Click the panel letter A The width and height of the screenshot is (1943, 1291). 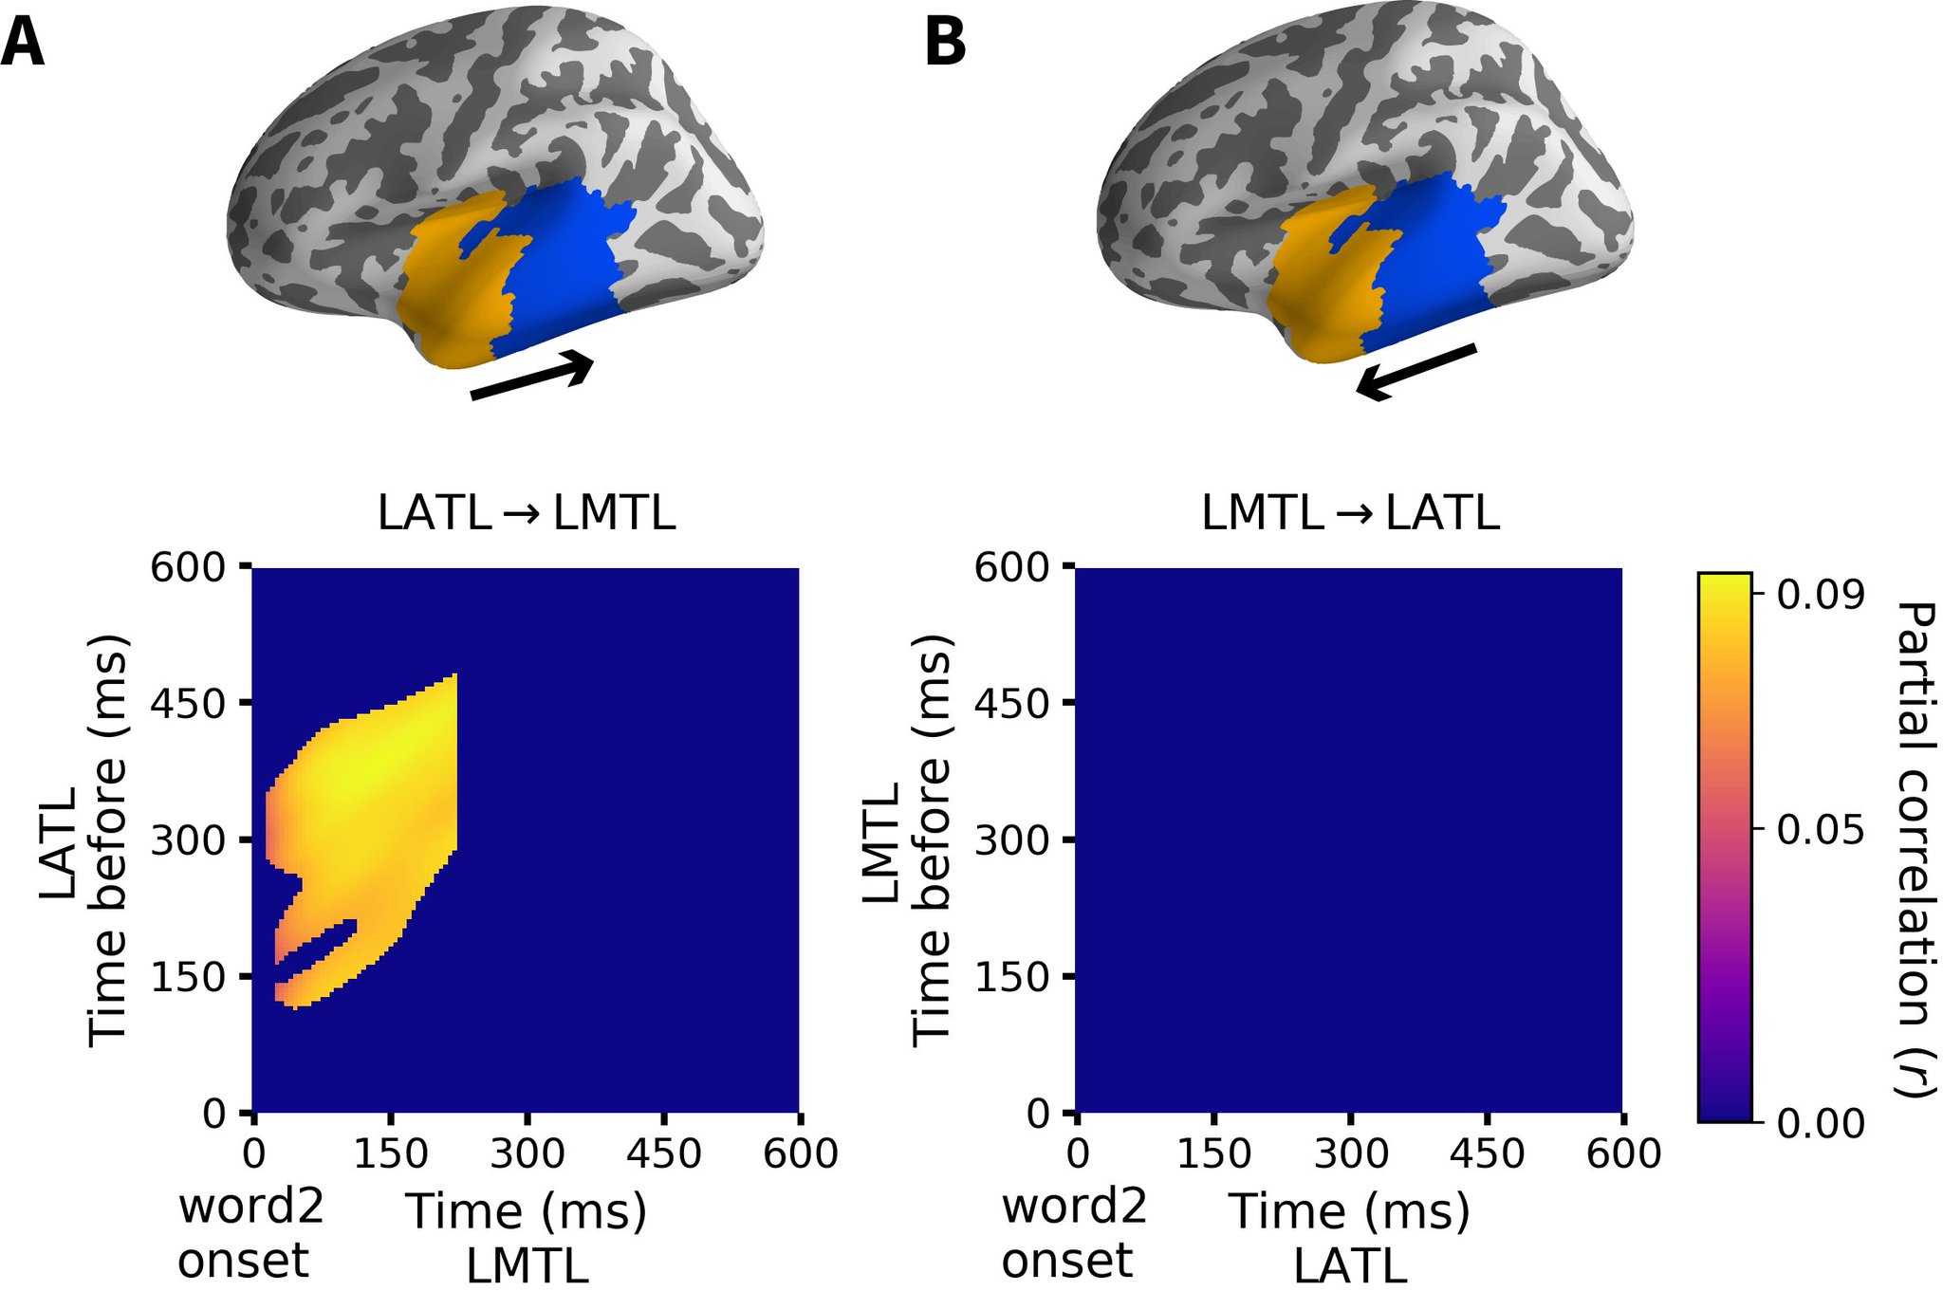pos(23,44)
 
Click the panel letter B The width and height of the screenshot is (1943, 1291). pos(945,44)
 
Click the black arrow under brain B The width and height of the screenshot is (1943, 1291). pos(1416,371)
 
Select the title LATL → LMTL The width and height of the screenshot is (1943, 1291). pos(527,513)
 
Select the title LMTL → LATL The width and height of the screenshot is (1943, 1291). pos(1350,513)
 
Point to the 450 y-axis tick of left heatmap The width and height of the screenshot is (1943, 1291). pos(187,704)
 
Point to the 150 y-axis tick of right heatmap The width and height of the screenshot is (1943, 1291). pos(1011,977)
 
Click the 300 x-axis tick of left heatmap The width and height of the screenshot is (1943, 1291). pos(527,1154)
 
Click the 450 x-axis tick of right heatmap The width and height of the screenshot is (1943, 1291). pos(1488,1154)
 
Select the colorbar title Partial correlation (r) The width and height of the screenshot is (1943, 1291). pos(1915,848)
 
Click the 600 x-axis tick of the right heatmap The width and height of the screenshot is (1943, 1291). pos(1623,1154)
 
